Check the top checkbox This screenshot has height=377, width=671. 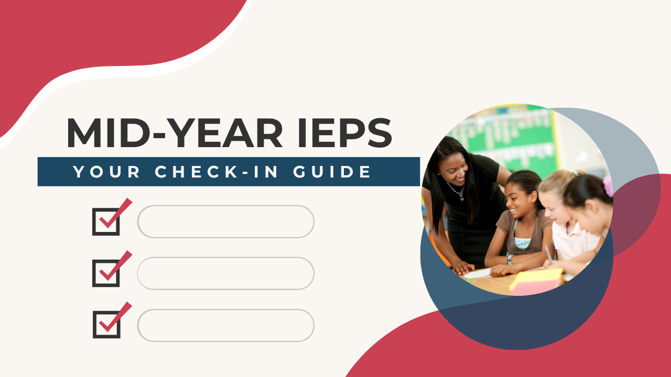(106, 221)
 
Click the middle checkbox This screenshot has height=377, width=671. (106, 273)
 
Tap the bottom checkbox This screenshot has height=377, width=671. (106, 324)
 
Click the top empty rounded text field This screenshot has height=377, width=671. (225, 221)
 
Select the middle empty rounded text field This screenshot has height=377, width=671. (225, 273)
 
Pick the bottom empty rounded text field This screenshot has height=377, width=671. (225, 325)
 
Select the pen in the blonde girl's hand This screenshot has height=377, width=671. (548, 252)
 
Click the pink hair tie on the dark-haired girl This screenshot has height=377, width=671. (608, 186)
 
